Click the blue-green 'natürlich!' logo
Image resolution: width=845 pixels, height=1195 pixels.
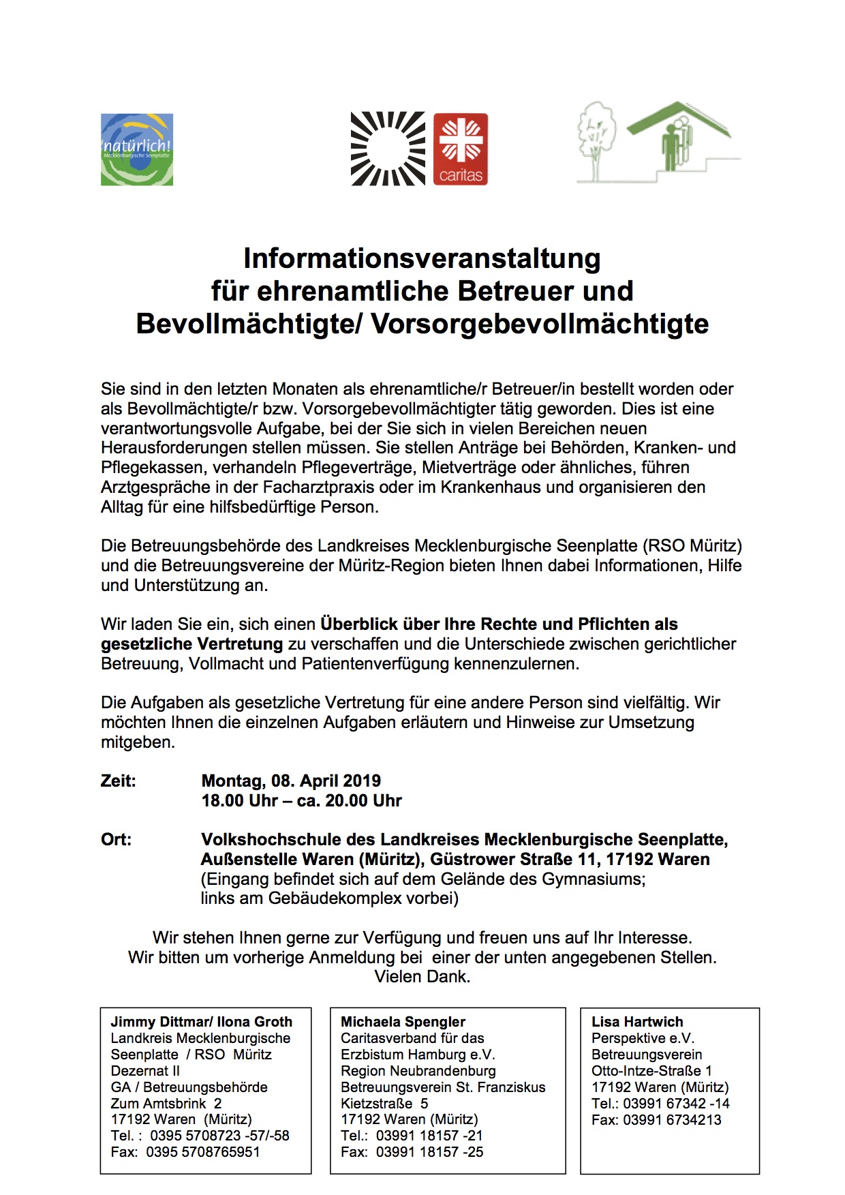coord(137,149)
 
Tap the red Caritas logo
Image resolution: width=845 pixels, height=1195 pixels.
coord(461,149)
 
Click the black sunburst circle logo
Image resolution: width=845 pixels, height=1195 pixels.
coord(388,149)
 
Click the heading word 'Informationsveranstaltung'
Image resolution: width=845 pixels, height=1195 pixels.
coord(422,259)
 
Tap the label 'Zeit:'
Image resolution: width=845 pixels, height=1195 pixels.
coord(119,781)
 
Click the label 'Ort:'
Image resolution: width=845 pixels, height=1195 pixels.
coord(117,840)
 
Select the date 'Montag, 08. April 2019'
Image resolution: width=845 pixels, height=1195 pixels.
coord(291,781)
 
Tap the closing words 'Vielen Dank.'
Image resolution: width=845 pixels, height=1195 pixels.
coord(422,977)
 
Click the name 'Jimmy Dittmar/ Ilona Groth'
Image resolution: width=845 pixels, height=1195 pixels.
coord(202,1022)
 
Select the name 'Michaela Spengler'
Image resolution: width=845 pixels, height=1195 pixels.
coord(403,1022)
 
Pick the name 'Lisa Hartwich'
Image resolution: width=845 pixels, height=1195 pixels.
coord(637,1022)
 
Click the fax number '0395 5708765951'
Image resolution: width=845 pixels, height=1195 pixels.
coord(202,1152)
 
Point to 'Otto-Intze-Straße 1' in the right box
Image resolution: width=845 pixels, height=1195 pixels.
coord(651,1070)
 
